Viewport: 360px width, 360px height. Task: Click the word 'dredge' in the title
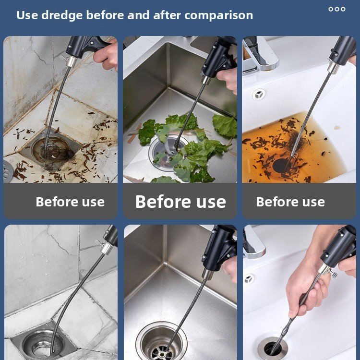(62, 16)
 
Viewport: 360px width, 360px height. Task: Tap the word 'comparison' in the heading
(218, 16)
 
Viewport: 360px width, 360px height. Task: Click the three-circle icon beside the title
(337, 9)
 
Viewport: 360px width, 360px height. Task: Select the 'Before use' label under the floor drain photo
(70, 202)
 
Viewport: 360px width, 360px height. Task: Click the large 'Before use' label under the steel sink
(180, 202)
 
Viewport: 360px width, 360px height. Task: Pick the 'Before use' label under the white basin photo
(290, 202)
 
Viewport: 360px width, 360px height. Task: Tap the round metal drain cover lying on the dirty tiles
(8, 171)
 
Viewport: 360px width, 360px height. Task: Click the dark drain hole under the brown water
(281, 166)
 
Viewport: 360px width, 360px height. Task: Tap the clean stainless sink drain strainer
(161, 342)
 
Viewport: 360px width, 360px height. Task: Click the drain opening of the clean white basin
(273, 348)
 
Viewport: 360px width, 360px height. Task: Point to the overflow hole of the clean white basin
(249, 279)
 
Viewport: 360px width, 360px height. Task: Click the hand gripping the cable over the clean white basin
(305, 291)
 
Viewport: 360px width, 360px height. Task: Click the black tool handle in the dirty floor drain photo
(86, 47)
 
